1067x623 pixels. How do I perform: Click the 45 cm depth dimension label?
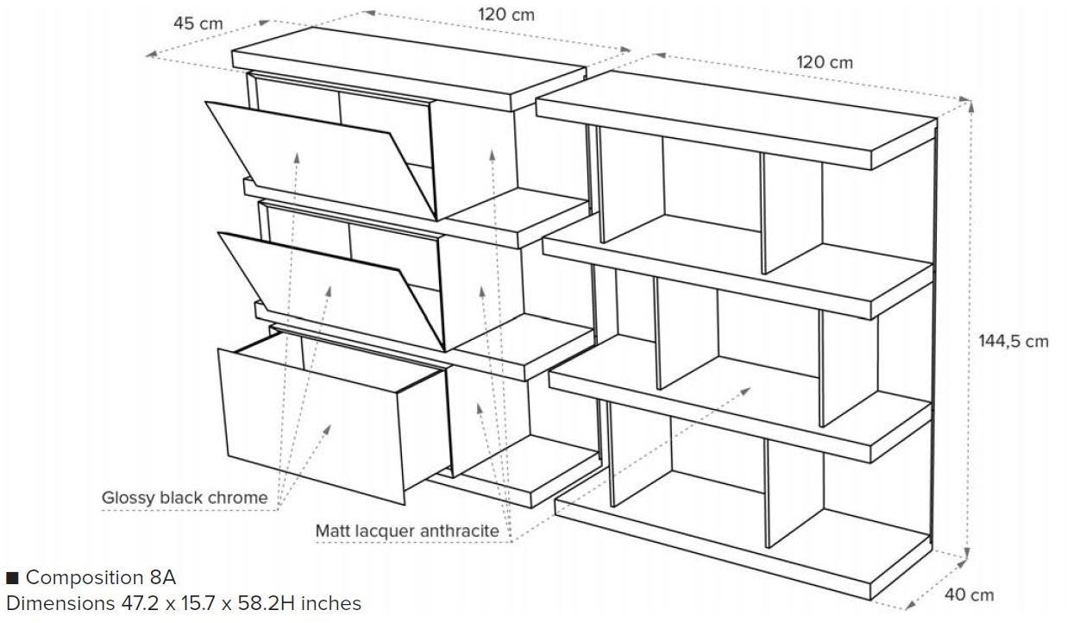click(198, 23)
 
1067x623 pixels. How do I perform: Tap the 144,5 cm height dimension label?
click(1014, 342)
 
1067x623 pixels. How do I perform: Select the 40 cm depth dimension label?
click(969, 595)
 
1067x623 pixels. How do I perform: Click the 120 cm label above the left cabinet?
click(506, 15)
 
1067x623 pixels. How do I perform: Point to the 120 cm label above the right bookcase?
click(825, 62)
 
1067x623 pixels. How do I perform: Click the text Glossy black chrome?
click(185, 498)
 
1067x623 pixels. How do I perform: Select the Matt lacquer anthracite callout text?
click(407, 531)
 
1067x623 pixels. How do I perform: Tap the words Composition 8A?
click(101, 577)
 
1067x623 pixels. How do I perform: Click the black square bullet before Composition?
click(12, 578)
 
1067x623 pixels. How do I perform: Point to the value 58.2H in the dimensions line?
click(267, 603)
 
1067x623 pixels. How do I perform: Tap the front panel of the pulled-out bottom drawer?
click(312, 425)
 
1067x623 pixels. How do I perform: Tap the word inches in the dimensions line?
click(331, 603)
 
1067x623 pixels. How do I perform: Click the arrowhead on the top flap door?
click(296, 158)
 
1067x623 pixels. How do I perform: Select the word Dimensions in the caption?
click(60, 603)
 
